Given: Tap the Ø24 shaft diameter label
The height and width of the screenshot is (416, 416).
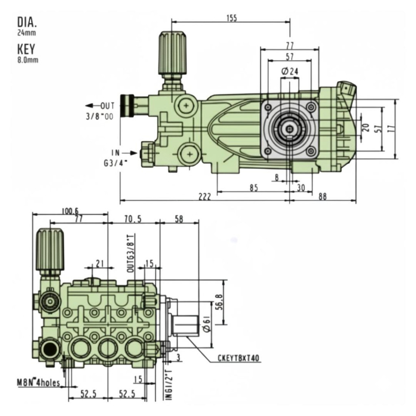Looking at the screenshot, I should pos(290,71).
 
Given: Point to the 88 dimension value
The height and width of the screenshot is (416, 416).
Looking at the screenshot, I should pos(323,197).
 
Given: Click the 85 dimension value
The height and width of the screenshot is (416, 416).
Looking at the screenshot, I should pos(253,188).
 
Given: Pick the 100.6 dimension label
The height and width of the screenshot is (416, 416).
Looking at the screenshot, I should pos(70,211).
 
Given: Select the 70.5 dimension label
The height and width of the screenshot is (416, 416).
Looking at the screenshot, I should pos(133,219).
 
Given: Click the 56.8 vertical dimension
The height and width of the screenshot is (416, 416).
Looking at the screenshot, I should pos(219,302).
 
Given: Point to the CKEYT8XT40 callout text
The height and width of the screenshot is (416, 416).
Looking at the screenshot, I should pos(239,358).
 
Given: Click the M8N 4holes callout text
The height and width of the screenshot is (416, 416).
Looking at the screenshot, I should pos(38,382).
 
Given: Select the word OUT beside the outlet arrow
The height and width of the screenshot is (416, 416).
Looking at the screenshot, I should pos(108,106).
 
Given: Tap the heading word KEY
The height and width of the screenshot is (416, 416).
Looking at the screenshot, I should pos(26,49).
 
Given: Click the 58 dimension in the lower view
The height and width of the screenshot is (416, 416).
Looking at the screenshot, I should pos(179,219).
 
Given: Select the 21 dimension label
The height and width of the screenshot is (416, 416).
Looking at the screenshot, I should pos(99,264).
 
